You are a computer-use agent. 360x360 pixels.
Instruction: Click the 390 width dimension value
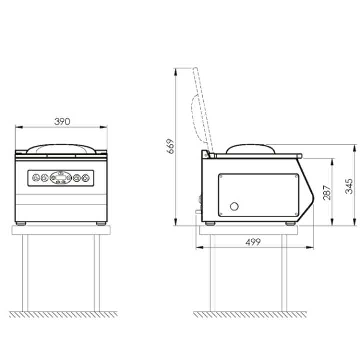62,121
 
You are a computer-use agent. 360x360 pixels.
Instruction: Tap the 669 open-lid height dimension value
171,146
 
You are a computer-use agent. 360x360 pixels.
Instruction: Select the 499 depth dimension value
254,242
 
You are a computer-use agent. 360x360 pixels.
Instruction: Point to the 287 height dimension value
326,192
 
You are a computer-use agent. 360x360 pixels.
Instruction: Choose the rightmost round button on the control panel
86,177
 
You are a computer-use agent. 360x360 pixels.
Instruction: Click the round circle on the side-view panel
233,206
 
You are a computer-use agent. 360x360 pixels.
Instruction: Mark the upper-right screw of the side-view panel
296,177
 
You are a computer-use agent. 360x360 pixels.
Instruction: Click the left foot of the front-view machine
21,223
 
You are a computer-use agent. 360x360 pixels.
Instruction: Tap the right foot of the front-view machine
100,223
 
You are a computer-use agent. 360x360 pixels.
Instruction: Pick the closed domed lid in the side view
250,148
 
